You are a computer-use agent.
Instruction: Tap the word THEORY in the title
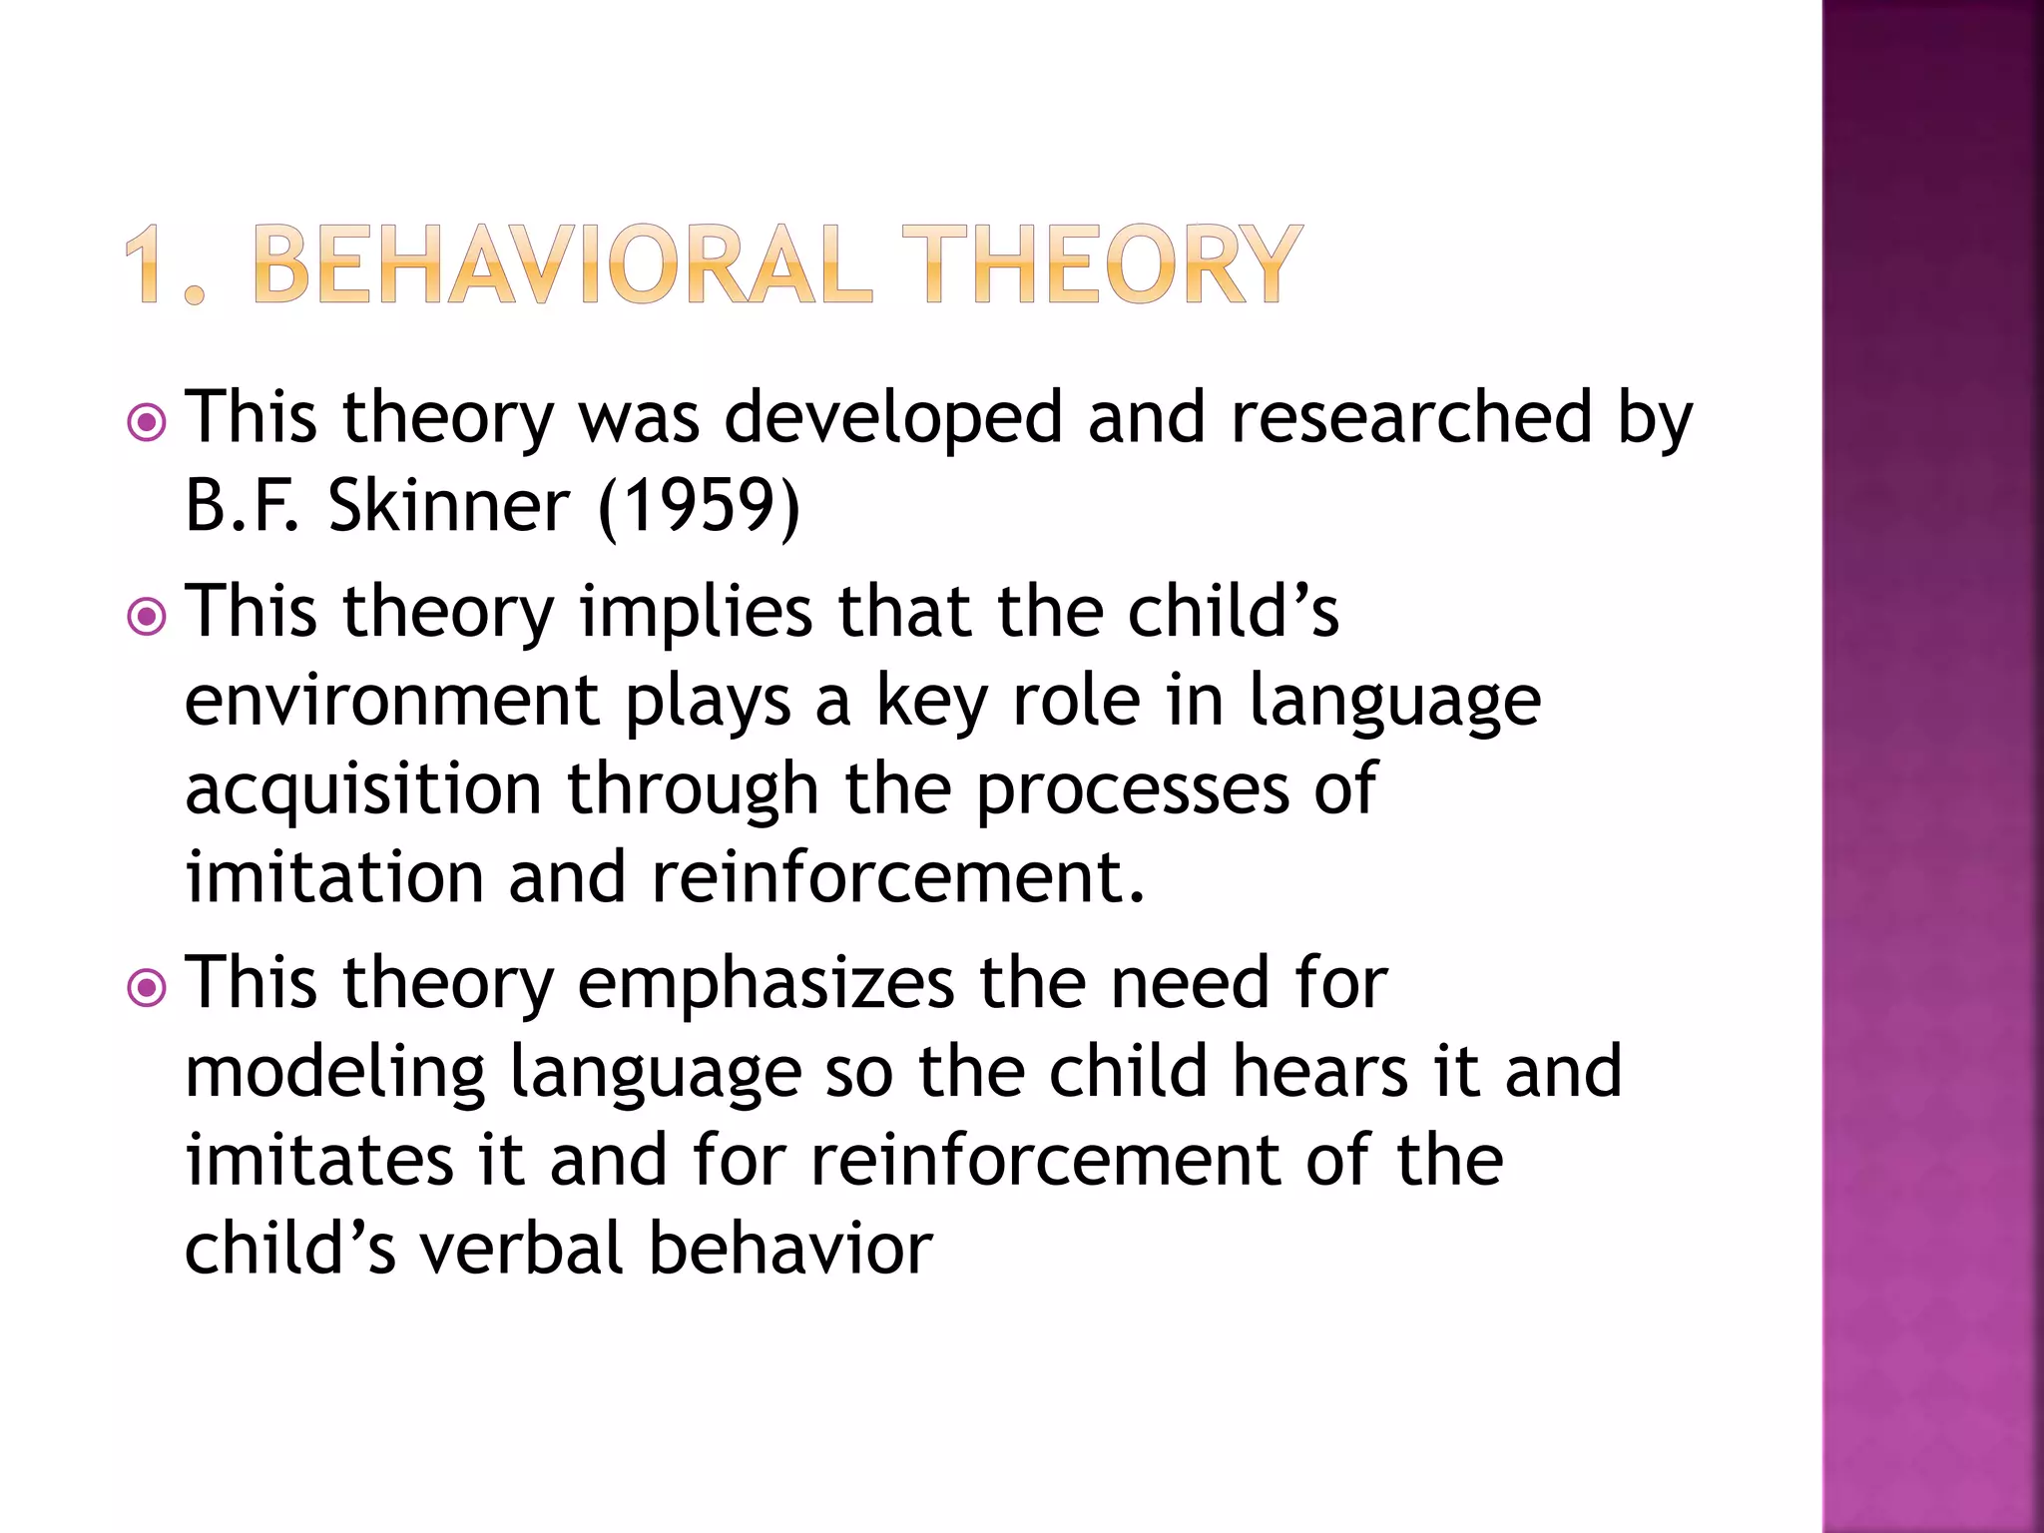[x=1102, y=264]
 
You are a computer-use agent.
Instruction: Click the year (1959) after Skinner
[x=699, y=506]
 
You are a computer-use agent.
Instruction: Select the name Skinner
[x=449, y=506]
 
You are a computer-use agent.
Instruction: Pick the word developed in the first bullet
[x=893, y=417]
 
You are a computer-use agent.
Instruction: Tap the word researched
[x=1411, y=417]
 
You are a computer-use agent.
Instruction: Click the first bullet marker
[x=148, y=423]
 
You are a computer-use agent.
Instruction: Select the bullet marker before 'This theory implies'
[x=148, y=617]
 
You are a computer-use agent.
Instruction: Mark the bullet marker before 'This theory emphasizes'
[x=148, y=989]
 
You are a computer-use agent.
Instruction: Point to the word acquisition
[x=363, y=788]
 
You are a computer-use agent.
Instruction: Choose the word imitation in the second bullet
[x=334, y=876]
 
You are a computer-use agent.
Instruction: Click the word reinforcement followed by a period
[x=898, y=876]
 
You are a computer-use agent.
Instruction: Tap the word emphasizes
[x=766, y=983]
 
